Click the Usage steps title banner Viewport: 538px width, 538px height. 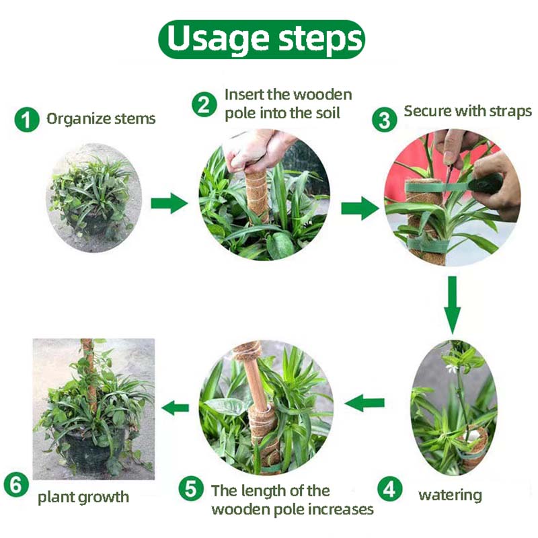262,39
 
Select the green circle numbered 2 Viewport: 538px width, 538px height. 204,105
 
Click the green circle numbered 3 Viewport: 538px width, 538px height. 384,120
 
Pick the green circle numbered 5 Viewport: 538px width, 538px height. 191,489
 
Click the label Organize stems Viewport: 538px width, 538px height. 101,120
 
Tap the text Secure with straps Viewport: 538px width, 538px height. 467,111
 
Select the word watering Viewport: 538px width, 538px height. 450,496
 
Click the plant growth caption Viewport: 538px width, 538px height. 83,498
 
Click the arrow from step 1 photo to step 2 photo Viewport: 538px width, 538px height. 169,202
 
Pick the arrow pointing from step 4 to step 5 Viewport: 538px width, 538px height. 364,403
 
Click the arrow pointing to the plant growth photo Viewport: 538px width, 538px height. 176,407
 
